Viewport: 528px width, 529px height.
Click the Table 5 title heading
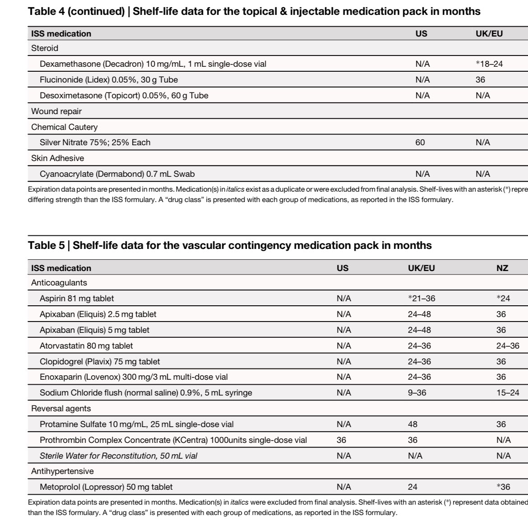pos(230,246)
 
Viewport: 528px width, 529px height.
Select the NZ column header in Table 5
pos(502,268)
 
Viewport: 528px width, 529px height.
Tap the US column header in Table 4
pos(421,34)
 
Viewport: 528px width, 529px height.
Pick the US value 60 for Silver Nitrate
pos(420,143)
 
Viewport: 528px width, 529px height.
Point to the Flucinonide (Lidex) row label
pos(109,80)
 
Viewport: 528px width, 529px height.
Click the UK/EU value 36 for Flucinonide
pos(480,80)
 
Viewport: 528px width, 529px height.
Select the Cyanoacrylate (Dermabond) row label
pos(117,174)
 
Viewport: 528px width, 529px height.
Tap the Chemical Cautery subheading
pos(64,127)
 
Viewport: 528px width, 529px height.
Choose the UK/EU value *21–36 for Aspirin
pos(421,299)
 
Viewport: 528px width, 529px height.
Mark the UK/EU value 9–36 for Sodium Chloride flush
pos(417,393)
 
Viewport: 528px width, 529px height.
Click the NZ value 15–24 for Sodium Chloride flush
pos(508,393)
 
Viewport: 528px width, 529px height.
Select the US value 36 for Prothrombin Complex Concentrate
pos(341,440)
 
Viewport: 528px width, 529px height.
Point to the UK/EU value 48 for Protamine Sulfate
pos(412,424)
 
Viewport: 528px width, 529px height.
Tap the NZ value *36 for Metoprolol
pos(503,487)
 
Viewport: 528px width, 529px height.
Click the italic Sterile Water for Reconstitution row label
pos(119,456)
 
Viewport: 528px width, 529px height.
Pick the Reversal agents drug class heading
pos(61,409)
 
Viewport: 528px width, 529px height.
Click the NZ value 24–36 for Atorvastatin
pos(508,346)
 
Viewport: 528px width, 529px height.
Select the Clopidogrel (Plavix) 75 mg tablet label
pos(100,362)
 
